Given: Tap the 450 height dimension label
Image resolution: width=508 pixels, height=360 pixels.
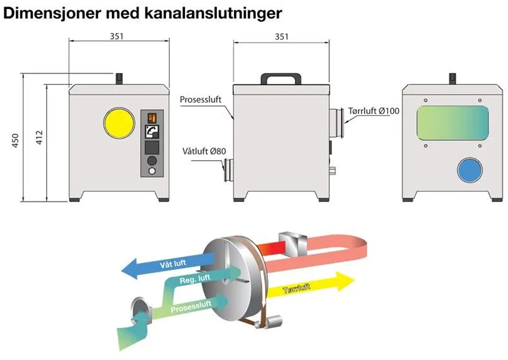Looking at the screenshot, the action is (15, 141).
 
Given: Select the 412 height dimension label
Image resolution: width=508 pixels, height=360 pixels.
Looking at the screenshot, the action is (39, 137).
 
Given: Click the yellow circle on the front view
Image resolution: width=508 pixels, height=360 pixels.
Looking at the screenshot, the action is (119, 123).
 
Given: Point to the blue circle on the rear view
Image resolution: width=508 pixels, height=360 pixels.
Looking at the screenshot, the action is (470, 170).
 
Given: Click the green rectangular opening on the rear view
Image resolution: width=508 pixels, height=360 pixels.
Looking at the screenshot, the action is (453, 123).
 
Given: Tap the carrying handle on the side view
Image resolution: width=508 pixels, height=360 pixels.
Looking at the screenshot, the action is (281, 79).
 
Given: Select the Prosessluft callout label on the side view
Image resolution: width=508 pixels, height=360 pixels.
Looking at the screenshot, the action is (201, 99).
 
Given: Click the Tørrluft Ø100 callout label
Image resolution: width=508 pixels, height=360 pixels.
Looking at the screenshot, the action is (373, 111).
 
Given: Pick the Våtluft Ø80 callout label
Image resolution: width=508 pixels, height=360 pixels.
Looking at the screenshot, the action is (204, 151).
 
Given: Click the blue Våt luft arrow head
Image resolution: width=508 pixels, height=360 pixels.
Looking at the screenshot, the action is (129, 268).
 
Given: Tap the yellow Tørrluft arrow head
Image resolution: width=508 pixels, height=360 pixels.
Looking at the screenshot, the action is (345, 282).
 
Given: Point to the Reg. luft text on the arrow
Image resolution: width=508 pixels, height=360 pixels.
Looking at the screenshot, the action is (195, 279).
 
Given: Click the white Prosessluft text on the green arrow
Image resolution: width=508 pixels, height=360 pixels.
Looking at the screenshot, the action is (191, 306).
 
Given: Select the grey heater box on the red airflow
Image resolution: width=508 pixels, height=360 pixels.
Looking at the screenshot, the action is (292, 242).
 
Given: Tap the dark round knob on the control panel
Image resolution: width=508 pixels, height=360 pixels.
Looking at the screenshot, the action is (151, 161).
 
